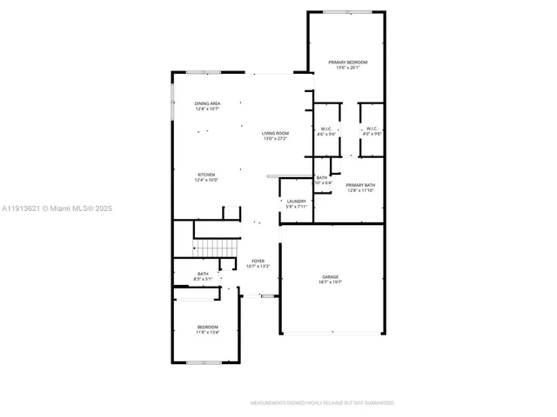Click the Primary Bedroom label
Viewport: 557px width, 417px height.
coord(347,63)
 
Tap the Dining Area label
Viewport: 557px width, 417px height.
coord(206,103)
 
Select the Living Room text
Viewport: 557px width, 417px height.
coord(275,133)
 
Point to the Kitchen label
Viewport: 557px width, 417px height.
coord(206,175)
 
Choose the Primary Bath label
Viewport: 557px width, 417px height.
coord(360,185)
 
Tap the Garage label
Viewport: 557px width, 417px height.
coord(332,276)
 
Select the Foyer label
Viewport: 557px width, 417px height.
coord(258,261)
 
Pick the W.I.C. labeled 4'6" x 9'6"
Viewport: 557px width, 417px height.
coord(325,129)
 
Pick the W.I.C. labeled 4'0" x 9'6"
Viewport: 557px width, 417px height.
coord(372,129)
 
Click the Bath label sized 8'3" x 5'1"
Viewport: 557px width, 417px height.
coord(203,274)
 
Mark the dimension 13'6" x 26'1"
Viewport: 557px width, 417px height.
coord(347,68)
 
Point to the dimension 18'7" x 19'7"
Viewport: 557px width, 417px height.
coord(332,281)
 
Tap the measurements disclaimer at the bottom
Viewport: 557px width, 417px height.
coord(322,403)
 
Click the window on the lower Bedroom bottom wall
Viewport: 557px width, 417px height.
coord(206,361)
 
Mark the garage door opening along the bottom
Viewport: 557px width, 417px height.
coord(332,334)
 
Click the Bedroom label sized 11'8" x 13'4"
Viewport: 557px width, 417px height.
coord(207,327)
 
